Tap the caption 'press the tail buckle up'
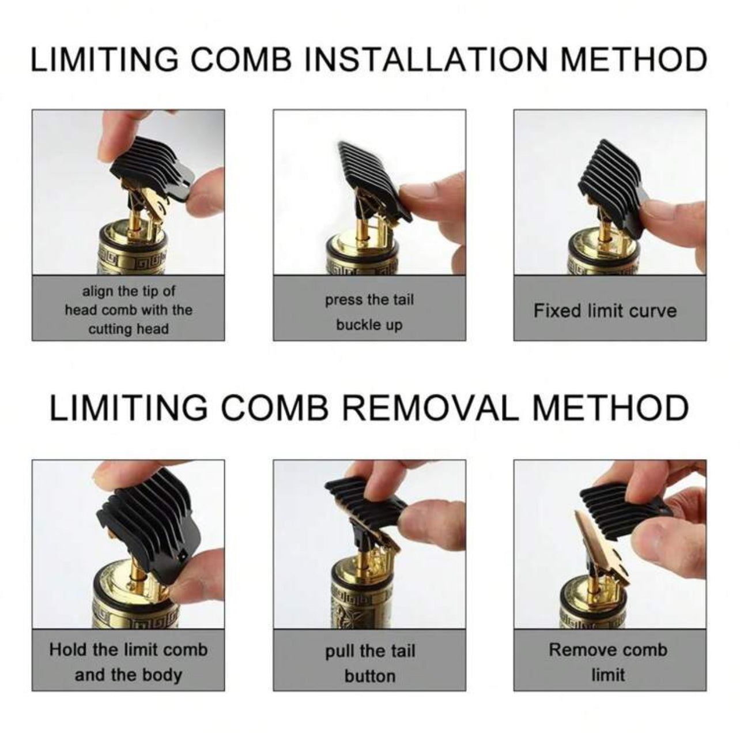point(369,312)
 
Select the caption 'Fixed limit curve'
point(605,311)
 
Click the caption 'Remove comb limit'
point(608,662)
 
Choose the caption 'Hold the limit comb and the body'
point(129,662)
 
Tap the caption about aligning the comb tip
point(129,310)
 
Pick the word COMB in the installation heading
point(241,59)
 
